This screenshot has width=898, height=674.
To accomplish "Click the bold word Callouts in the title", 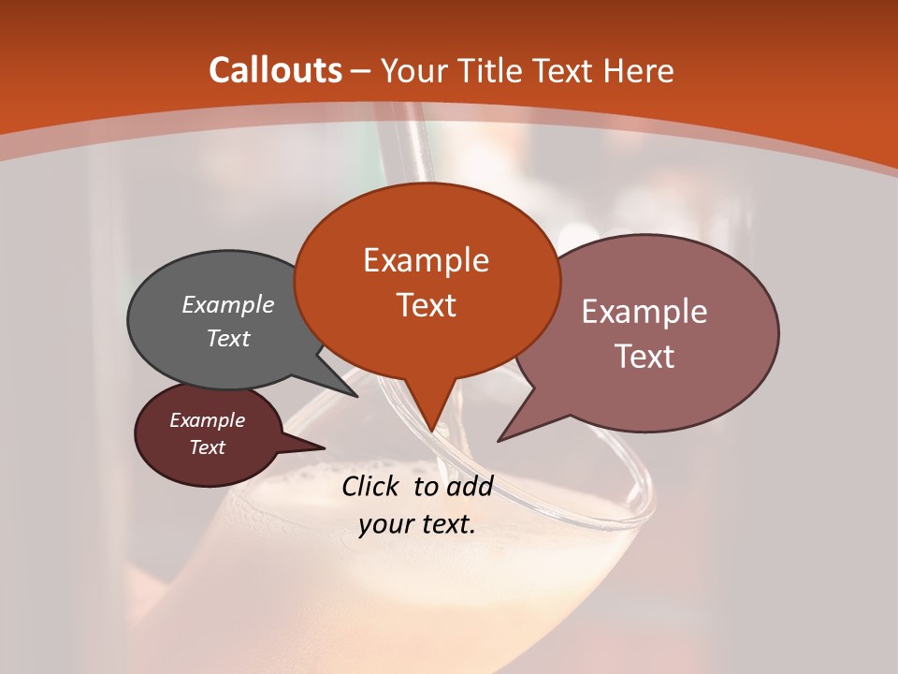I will [275, 70].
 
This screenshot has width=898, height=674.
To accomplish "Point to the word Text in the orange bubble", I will [426, 304].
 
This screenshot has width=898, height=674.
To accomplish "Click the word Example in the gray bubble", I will [228, 304].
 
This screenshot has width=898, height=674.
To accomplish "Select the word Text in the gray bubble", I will [228, 338].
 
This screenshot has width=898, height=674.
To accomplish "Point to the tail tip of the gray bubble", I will [355, 394].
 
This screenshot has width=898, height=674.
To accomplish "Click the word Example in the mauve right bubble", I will [645, 311].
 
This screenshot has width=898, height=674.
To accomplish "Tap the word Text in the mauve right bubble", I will [645, 356].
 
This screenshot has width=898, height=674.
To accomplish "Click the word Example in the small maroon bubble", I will [207, 420].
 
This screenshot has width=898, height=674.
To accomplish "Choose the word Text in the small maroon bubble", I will [207, 447].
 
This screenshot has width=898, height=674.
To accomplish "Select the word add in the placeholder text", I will [470, 486].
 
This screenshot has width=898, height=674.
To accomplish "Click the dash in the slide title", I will [361, 72].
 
